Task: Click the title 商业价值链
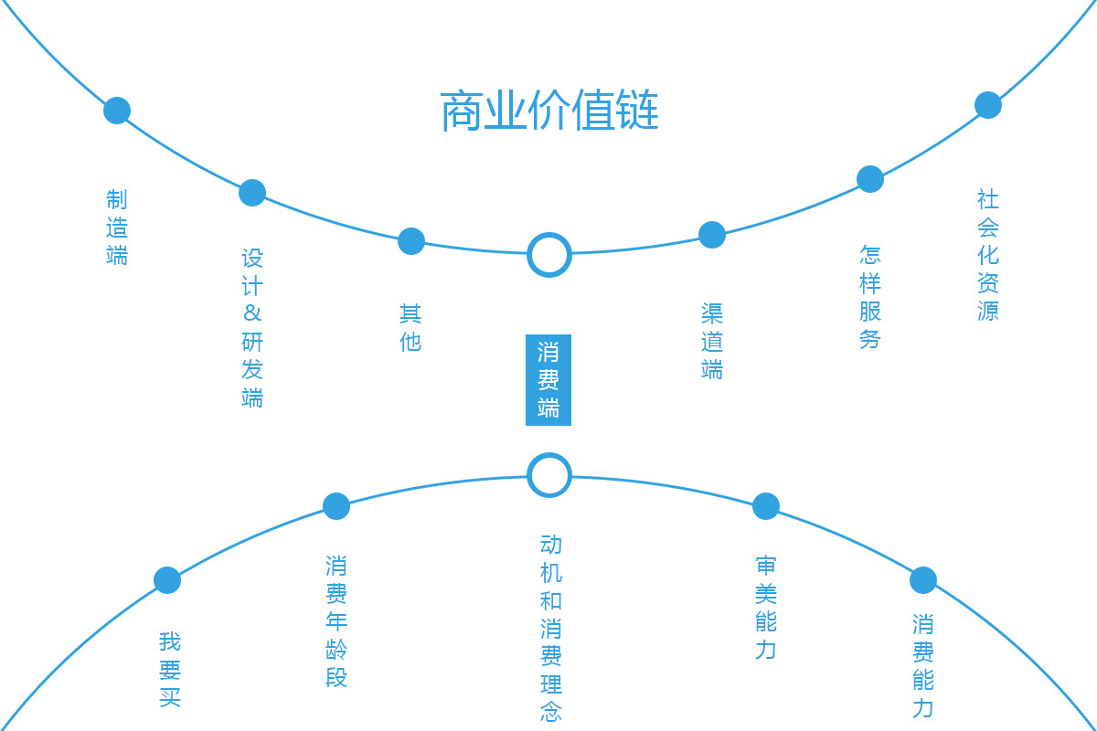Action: pos(549,111)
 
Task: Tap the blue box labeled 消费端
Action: pos(548,380)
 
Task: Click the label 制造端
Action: pos(117,228)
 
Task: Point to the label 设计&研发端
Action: pos(252,327)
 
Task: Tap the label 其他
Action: pos(410,327)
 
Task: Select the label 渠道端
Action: pos(711,341)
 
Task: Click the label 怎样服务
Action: pos(869,297)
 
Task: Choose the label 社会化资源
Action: pos(988,255)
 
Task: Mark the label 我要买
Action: pos(169,669)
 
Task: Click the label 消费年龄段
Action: pos(336,621)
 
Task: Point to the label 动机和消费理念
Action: pos(551,628)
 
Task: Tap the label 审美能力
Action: pos(765,608)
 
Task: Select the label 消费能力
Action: pos(923,666)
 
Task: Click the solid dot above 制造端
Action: pos(117,111)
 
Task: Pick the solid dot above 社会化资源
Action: pos(988,105)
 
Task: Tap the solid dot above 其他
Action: pos(410,241)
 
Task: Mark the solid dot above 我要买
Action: pos(167,580)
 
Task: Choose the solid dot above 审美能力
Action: pos(766,506)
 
